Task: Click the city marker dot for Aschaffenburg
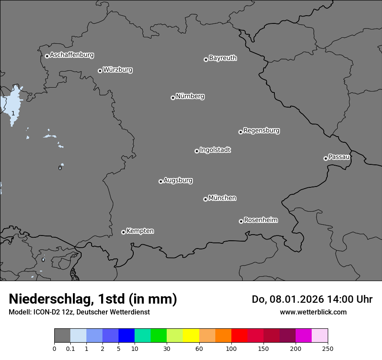pos(47,56)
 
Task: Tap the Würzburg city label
pos(118,70)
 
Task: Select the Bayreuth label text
pos(223,58)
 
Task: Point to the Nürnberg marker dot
pos(173,98)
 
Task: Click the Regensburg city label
pos(261,131)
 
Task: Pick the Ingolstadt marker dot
pos(197,151)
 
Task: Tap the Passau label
pos(339,157)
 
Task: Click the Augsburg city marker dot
pos(161,181)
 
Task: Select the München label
pos(222,198)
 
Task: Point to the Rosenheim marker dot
pos(241,222)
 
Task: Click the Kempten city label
pos(140,231)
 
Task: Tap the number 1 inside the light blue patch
pos(13,113)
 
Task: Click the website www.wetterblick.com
pos(313,312)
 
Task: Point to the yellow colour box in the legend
pos(191,336)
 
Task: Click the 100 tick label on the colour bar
pos(231,348)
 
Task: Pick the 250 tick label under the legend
pos(328,348)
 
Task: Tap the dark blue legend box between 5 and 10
pos(126,336)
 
